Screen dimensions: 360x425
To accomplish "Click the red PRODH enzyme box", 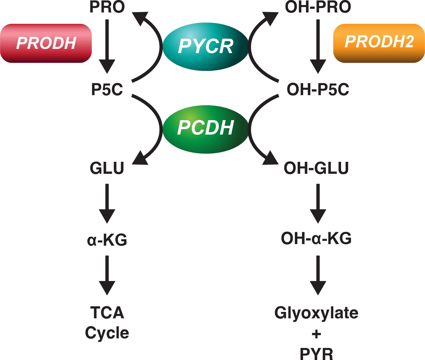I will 46,43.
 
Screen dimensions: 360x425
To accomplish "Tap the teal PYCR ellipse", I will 205,45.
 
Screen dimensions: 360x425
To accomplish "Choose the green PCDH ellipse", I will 205,128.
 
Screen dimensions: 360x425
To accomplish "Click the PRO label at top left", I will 107,7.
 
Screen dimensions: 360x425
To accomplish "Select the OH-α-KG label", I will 316,239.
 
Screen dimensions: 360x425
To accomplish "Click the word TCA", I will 107,313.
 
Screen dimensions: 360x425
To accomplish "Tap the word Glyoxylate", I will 316,313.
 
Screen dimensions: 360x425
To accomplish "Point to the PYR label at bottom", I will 316,353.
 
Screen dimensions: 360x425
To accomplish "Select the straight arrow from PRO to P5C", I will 107,46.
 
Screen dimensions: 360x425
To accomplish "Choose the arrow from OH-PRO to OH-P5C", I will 318,46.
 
